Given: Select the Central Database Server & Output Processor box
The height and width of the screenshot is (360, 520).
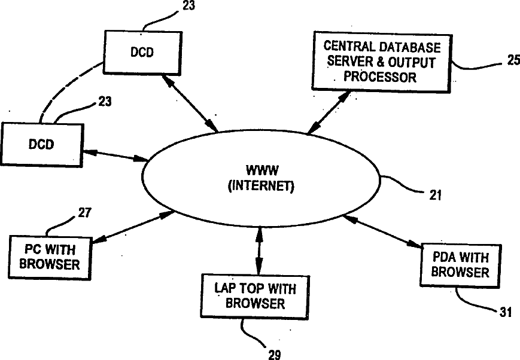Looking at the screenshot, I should coord(381,62).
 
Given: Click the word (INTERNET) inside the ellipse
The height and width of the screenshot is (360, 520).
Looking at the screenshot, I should coord(261,186).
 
